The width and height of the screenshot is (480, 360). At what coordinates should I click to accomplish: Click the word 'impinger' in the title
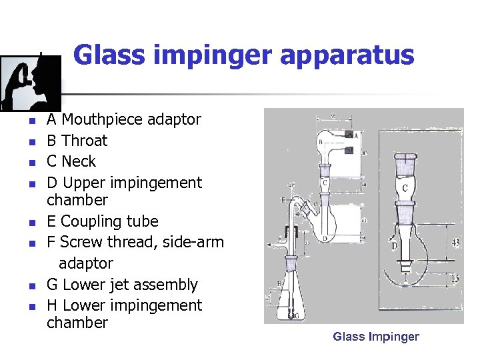coord(217,55)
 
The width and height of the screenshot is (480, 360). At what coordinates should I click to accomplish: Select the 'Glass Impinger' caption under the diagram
coord(376,337)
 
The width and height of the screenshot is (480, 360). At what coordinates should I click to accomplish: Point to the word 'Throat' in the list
coord(84,141)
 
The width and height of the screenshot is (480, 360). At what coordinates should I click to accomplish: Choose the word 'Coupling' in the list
coord(90,221)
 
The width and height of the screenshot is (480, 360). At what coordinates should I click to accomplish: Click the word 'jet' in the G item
coord(122,285)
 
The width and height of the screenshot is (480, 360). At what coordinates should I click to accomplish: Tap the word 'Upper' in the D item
coord(83,183)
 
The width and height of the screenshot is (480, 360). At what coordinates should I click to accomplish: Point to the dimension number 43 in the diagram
coord(455,243)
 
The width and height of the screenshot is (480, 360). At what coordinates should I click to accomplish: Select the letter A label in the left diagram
coord(356,134)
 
